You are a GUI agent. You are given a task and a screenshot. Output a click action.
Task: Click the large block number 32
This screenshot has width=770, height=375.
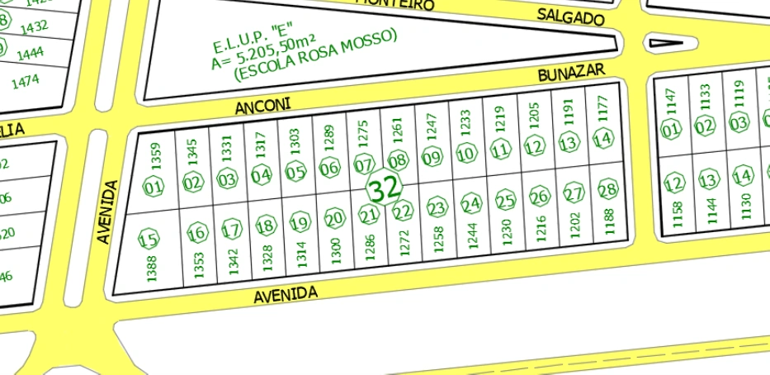383,189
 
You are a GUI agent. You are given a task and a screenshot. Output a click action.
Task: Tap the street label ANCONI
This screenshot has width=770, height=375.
262,106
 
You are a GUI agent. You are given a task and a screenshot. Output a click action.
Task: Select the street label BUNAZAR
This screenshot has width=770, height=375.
572,74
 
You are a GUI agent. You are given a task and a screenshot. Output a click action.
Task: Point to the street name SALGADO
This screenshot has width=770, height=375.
570,17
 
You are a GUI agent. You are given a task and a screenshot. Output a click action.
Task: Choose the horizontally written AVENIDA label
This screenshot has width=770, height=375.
286,294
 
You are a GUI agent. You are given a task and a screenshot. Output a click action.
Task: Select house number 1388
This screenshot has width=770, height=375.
151,268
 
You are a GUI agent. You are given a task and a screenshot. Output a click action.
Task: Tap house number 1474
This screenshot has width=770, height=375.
26,82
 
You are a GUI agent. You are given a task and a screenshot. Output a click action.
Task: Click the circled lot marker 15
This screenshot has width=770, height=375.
148,240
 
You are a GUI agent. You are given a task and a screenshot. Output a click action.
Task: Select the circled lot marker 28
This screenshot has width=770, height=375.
607,191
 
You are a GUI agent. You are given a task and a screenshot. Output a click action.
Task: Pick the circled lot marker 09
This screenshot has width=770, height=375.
432,158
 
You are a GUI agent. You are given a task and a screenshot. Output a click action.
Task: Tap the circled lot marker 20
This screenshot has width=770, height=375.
333,219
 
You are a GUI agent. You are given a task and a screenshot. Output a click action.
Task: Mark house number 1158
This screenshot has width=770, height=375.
678,213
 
